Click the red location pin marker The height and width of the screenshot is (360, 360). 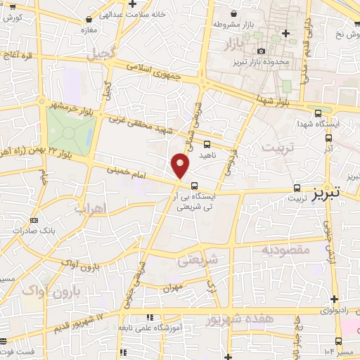[x=181, y=166]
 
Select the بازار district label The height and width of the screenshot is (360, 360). [x=239, y=46]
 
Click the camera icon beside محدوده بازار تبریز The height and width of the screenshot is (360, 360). [x=261, y=51]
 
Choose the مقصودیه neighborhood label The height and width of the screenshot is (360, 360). [x=285, y=249]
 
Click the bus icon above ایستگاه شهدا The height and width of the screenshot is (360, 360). [x=318, y=112]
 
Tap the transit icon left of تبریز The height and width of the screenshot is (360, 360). [x=297, y=188]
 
